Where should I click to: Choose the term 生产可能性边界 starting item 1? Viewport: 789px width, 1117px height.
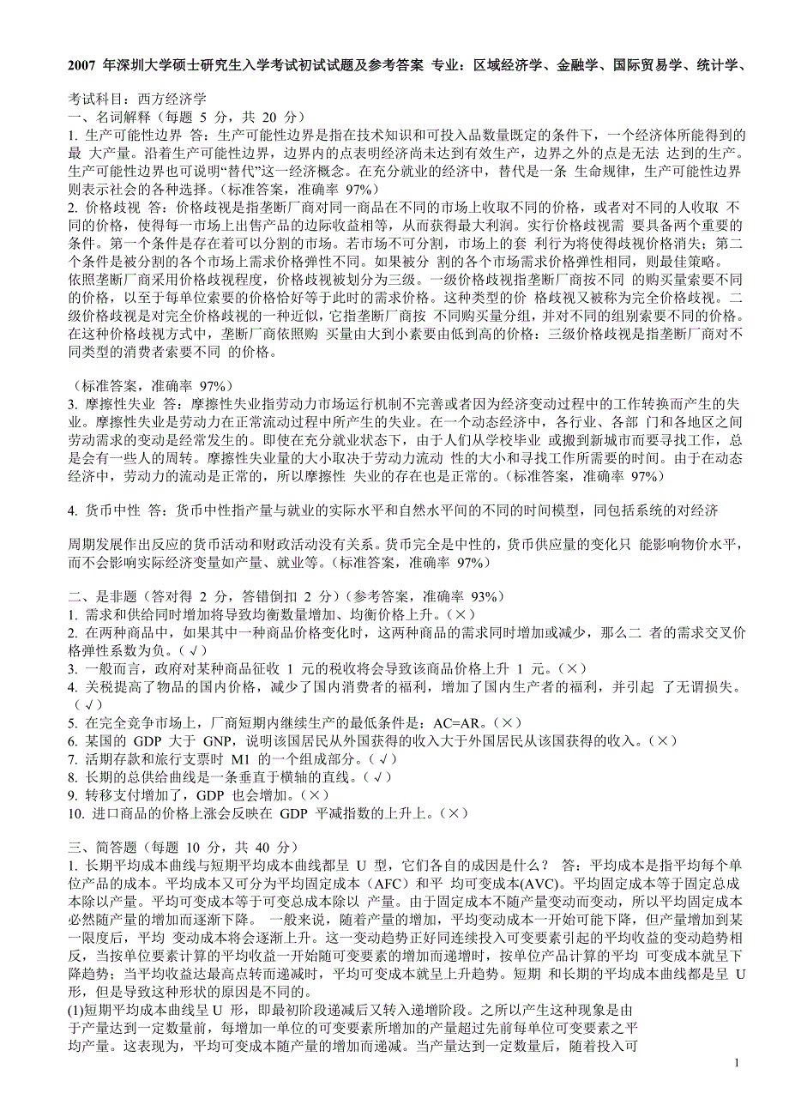[x=134, y=136]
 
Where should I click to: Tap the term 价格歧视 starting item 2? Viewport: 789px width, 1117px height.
[x=112, y=208]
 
